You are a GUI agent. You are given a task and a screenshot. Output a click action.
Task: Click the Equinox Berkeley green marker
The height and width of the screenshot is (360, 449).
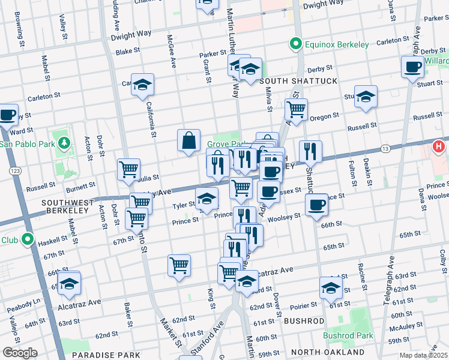[295, 44]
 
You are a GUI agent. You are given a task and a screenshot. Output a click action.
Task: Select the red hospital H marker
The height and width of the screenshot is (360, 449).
[439, 146]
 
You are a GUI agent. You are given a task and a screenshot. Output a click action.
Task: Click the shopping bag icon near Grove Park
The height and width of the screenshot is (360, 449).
[188, 140]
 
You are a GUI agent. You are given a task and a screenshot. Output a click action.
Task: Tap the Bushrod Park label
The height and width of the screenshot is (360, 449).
[348, 335]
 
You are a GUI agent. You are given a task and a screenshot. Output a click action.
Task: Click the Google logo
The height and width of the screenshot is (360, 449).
[20, 353]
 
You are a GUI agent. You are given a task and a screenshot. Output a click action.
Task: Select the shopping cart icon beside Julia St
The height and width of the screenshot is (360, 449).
[128, 170]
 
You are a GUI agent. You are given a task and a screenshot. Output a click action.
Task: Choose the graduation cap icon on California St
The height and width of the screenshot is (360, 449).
[142, 85]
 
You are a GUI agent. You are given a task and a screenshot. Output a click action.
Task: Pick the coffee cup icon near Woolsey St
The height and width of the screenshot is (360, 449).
[316, 205]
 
